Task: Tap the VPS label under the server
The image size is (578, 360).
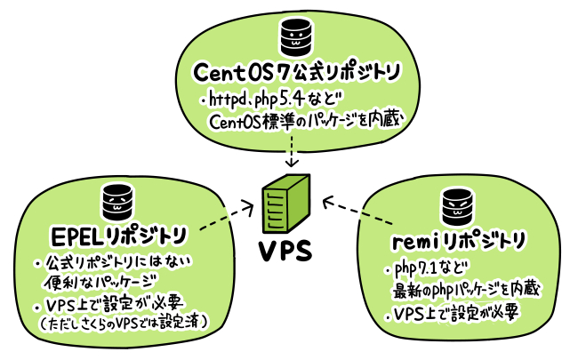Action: (286, 251)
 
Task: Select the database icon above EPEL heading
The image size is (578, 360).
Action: (114, 200)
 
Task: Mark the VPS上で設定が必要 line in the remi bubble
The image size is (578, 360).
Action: (454, 314)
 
